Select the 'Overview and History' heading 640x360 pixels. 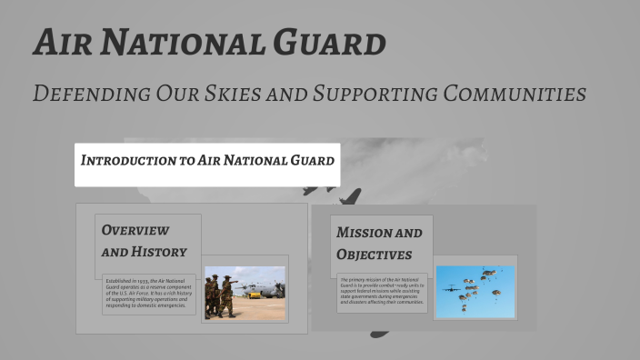click(x=145, y=241)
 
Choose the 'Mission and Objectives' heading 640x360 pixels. click(x=379, y=244)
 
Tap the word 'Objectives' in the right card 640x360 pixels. click(x=374, y=255)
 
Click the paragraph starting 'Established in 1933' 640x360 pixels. click(x=149, y=294)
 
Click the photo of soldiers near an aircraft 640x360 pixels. click(x=245, y=293)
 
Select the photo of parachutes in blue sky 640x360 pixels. click(x=475, y=292)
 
